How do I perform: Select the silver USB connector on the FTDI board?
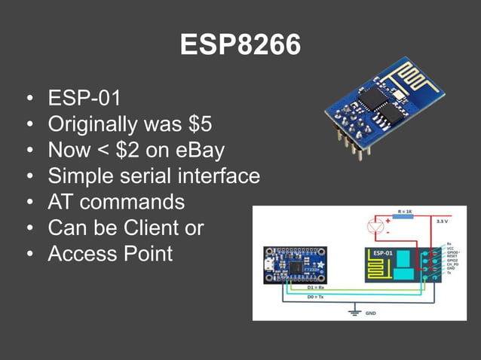(x=268, y=267)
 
